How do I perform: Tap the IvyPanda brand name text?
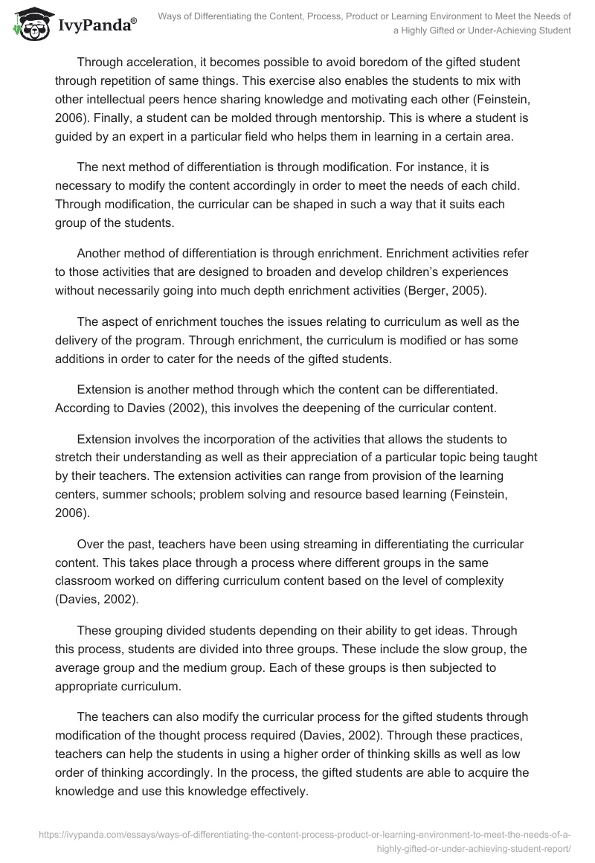coord(97,25)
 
